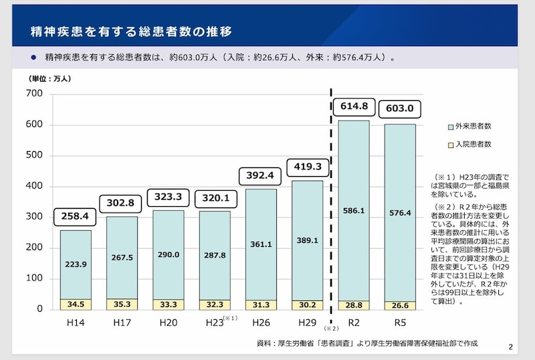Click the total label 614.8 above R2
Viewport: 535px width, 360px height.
(354, 106)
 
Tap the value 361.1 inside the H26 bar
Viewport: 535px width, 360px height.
(261, 244)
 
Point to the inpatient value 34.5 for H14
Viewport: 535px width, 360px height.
(76, 304)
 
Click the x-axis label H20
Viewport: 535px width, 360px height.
(168, 323)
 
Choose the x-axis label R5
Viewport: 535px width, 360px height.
(399, 323)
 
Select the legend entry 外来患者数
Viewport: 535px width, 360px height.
(473, 126)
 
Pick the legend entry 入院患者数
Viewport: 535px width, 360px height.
(473, 144)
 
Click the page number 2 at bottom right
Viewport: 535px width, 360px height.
(511, 347)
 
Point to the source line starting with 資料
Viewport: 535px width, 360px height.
(367, 343)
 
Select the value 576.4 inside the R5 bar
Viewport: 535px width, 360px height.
(399, 213)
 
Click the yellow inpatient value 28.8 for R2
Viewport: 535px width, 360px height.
(354, 304)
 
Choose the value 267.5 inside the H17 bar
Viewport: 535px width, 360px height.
(122, 258)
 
